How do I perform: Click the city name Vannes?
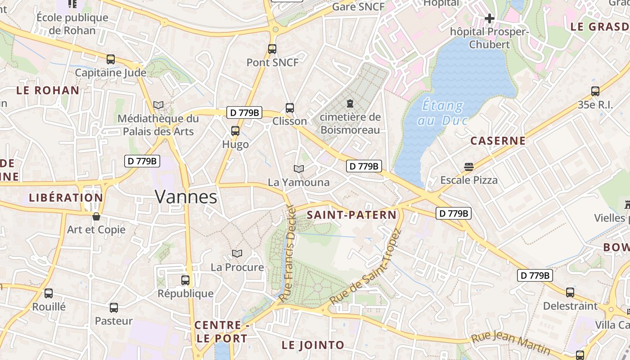[x=186, y=197]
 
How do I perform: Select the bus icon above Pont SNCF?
[x=272, y=49]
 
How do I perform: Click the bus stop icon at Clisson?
[x=290, y=108]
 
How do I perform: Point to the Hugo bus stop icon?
[x=235, y=131]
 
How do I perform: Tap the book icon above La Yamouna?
[x=298, y=169]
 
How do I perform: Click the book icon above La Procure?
[x=237, y=253]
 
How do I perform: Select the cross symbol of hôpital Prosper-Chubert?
[x=489, y=18]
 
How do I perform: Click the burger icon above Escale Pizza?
[x=468, y=167]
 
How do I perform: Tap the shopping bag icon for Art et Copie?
[x=96, y=216]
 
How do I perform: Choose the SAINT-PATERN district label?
[x=351, y=215]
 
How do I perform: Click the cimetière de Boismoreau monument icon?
[x=350, y=103]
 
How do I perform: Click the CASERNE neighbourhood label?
[x=498, y=141]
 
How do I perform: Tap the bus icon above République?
[x=185, y=280]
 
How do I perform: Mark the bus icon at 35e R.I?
[x=595, y=91]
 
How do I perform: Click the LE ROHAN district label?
[x=48, y=90]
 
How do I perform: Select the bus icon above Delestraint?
[x=570, y=292]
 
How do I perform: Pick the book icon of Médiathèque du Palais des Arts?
[x=158, y=105]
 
